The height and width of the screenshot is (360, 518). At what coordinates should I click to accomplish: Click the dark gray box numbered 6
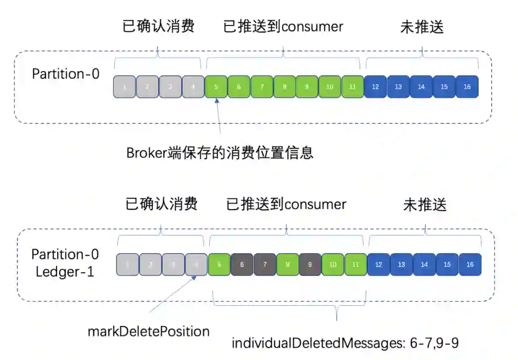click(x=242, y=265)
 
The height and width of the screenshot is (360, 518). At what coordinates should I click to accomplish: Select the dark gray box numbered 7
click(x=265, y=265)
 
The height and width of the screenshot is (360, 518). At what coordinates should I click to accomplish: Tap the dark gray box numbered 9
click(x=310, y=265)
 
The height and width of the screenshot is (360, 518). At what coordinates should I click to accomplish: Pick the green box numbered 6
click(x=239, y=87)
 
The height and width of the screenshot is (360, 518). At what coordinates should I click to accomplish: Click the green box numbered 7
click(x=262, y=87)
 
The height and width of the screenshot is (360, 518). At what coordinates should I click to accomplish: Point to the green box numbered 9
click(x=307, y=87)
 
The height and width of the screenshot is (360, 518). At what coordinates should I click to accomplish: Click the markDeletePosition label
click(x=148, y=331)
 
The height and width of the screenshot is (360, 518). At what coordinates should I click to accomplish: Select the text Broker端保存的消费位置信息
click(x=220, y=152)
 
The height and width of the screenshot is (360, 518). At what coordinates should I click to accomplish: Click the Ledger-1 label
click(x=65, y=272)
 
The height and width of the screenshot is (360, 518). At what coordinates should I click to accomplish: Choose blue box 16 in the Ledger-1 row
click(x=470, y=265)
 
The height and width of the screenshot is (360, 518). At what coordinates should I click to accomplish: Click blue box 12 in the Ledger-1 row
click(x=378, y=265)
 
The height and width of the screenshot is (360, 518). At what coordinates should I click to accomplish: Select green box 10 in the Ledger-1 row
click(x=333, y=265)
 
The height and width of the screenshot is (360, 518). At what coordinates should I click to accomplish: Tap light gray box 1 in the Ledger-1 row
click(x=128, y=265)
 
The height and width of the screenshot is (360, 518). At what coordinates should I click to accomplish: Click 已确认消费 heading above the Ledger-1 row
click(x=161, y=205)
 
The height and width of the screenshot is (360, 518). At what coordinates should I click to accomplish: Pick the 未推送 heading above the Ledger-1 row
click(x=425, y=205)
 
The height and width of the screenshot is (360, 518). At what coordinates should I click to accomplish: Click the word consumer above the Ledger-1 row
click(x=316, y=205)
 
